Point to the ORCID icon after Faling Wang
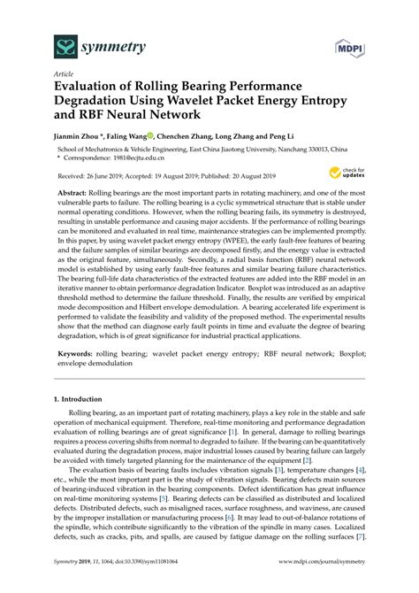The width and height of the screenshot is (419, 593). [x=150, y=136]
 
